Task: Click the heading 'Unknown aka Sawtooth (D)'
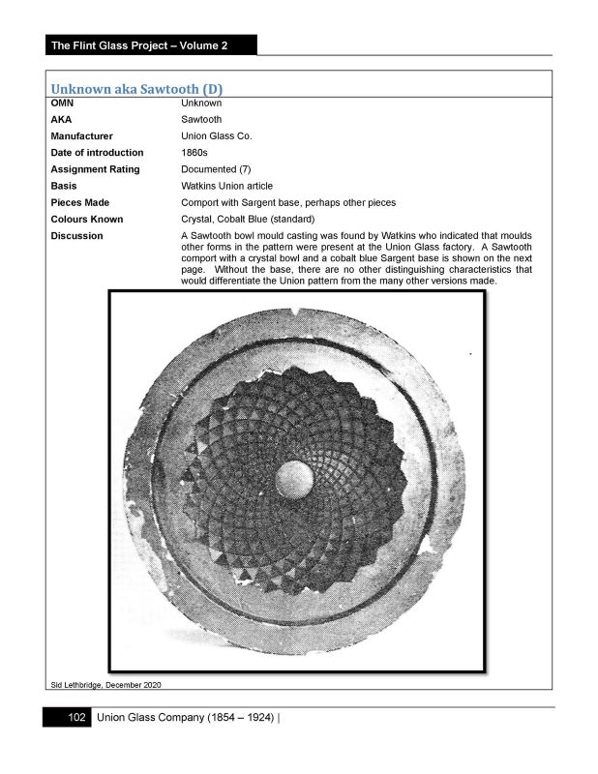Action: (144, 89)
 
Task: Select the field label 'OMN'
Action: (62, 103)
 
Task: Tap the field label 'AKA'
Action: (61, 120)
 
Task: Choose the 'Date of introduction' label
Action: (97, 153)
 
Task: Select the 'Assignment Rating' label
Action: (95, 169)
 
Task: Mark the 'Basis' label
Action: (64, 186)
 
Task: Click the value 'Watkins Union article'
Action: (226, 186)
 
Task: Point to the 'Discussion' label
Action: (76, 236)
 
